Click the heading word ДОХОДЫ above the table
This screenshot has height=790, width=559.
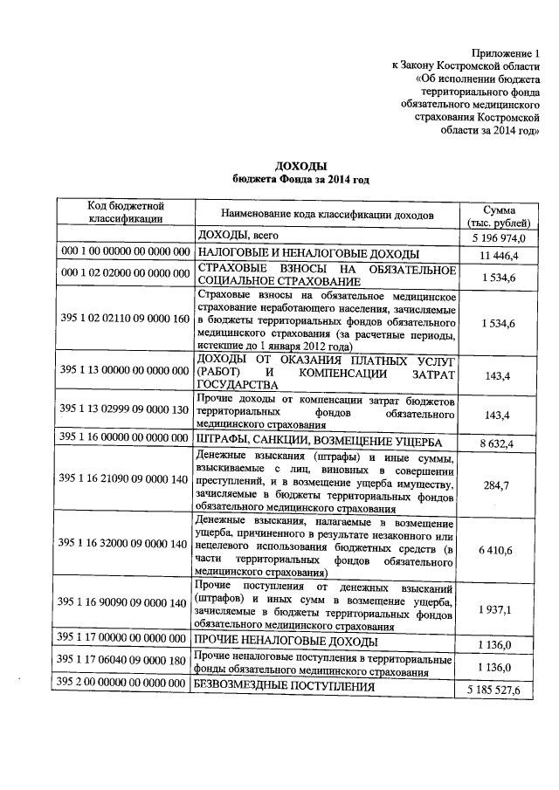click(x=300, y=165)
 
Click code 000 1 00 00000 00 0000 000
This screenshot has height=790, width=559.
click(x=126, y=252)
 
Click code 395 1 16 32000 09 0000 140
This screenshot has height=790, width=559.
click(x=126, y=544)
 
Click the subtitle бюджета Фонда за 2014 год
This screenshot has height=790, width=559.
click(x=300, y=179)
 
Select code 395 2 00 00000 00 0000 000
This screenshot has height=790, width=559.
click(x=126, y=681)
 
